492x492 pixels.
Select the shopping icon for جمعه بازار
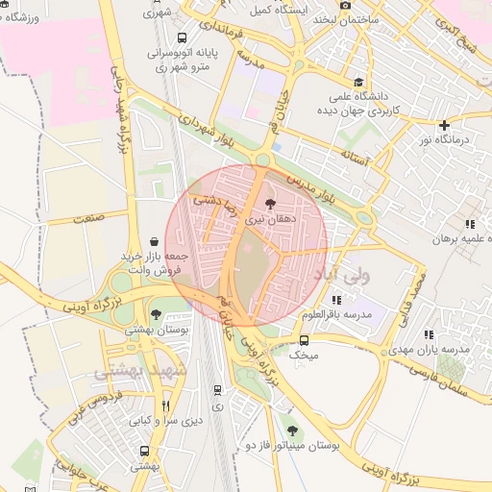(x=155, y=242)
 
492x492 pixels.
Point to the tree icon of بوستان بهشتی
(x=156, y=314)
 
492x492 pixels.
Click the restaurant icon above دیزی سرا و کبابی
(x=167, y=406)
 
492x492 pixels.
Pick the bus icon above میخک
(x=304, y=340)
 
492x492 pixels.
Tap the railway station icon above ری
(x=218, y=390)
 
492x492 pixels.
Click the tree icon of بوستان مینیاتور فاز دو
(x=292, y=431)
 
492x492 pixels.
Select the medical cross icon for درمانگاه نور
(x=444, y=125)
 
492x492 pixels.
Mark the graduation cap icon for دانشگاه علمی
(x=359, y=83)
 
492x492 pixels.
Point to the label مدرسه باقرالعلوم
(x=336, y=315)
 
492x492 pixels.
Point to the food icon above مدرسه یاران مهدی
(x=429, y=334)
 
